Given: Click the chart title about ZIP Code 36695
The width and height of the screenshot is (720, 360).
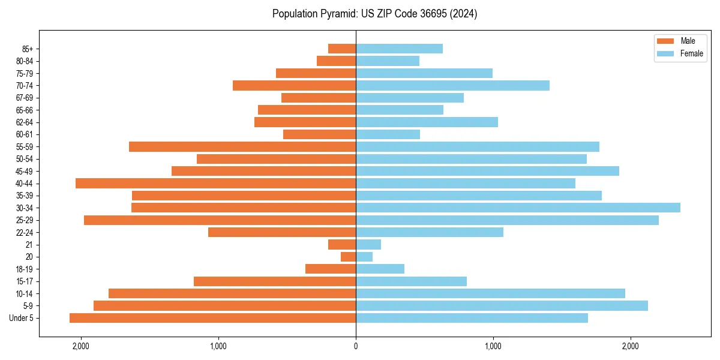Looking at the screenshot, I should click(374, 14).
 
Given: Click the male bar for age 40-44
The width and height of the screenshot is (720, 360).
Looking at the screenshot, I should click(216, 183).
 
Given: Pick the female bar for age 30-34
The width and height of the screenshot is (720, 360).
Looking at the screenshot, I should click(518, 208).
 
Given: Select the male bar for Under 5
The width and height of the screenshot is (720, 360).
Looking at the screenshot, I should click(213, 318).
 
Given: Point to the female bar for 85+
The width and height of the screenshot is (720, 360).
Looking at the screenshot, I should click(399, 49).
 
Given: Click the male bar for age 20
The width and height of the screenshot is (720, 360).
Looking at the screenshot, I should click(349, 257).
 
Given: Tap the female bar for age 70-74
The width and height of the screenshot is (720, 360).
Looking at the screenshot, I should click(452, 85).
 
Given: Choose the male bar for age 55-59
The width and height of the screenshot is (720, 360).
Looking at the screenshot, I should click(242, 146).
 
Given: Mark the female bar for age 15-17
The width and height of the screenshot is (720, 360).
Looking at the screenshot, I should click(411, 281).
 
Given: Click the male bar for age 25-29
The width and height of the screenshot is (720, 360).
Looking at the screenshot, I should click(220, 220).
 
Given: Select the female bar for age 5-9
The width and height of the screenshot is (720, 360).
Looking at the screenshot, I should click(502, 306).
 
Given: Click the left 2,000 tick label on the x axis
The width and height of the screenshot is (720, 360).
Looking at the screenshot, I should click(80, 346).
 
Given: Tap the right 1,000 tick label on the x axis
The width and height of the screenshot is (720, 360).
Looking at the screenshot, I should click(493, 346).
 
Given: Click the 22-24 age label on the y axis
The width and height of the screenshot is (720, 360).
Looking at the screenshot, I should click(24, 232).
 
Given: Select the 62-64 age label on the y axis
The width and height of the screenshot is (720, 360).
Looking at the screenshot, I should click(24, 122).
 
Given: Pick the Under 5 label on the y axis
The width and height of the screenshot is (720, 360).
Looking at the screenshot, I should click(22, 318).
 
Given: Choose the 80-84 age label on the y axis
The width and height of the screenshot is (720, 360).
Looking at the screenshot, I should click(24, 61).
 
